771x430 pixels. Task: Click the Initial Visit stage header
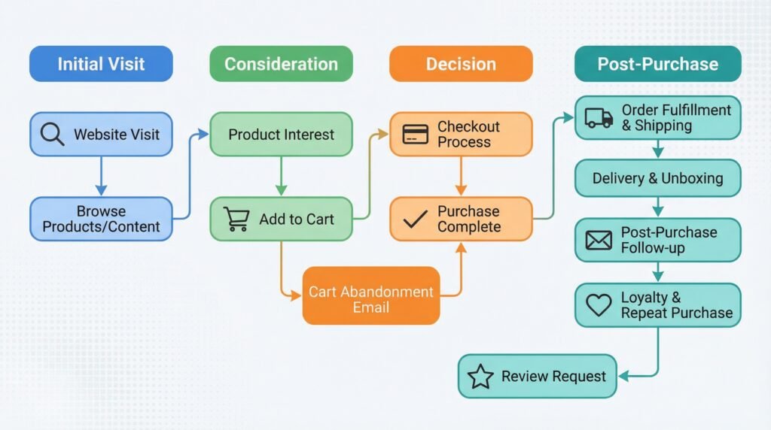101,64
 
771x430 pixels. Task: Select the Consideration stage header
281,64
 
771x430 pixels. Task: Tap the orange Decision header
461,64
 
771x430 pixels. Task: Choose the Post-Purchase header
657,64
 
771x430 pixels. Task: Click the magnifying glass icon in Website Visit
52,135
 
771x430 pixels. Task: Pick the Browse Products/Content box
101,219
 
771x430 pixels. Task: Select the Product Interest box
281,135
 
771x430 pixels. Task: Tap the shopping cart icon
236,219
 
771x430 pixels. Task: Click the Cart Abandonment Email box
371,299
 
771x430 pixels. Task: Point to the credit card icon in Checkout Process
416,135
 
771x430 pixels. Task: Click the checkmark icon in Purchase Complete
415,220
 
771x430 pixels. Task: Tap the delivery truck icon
599,118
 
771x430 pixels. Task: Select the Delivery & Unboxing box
657,178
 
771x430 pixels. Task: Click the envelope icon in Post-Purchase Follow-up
599,241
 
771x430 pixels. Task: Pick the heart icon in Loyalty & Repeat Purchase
599,304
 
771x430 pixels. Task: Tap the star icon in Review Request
480,377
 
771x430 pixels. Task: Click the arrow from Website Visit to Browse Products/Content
101,177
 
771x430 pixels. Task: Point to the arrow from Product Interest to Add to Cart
281,177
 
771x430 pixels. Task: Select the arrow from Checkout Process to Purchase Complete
461,177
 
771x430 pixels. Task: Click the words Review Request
553,377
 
